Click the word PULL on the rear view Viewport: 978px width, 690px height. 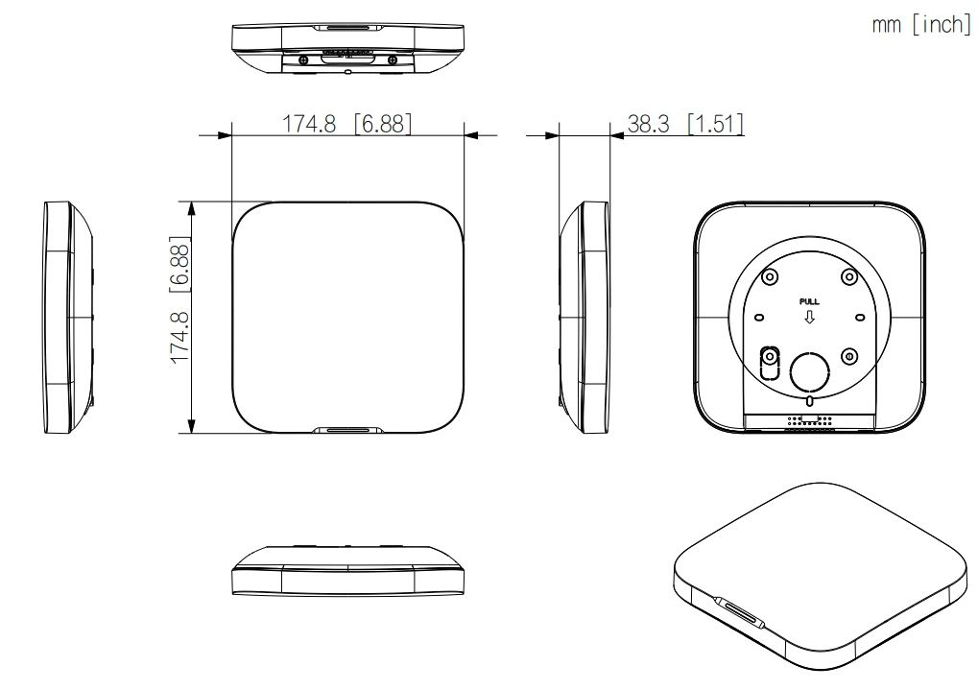pos(809,302)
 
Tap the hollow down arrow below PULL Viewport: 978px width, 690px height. pos(809,317)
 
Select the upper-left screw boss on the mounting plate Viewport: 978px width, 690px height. pos(770,276)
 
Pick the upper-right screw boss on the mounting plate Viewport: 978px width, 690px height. pos(848,276)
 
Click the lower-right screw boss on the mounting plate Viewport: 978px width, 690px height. pos(848,356)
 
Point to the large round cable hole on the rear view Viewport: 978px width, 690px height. pos(810,372)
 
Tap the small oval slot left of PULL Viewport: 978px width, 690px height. pos(759,318)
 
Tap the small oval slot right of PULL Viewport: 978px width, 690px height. pos(860,318)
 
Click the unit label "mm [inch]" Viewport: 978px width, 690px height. pos(921,25)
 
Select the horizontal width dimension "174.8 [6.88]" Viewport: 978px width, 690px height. pos(346,124)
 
